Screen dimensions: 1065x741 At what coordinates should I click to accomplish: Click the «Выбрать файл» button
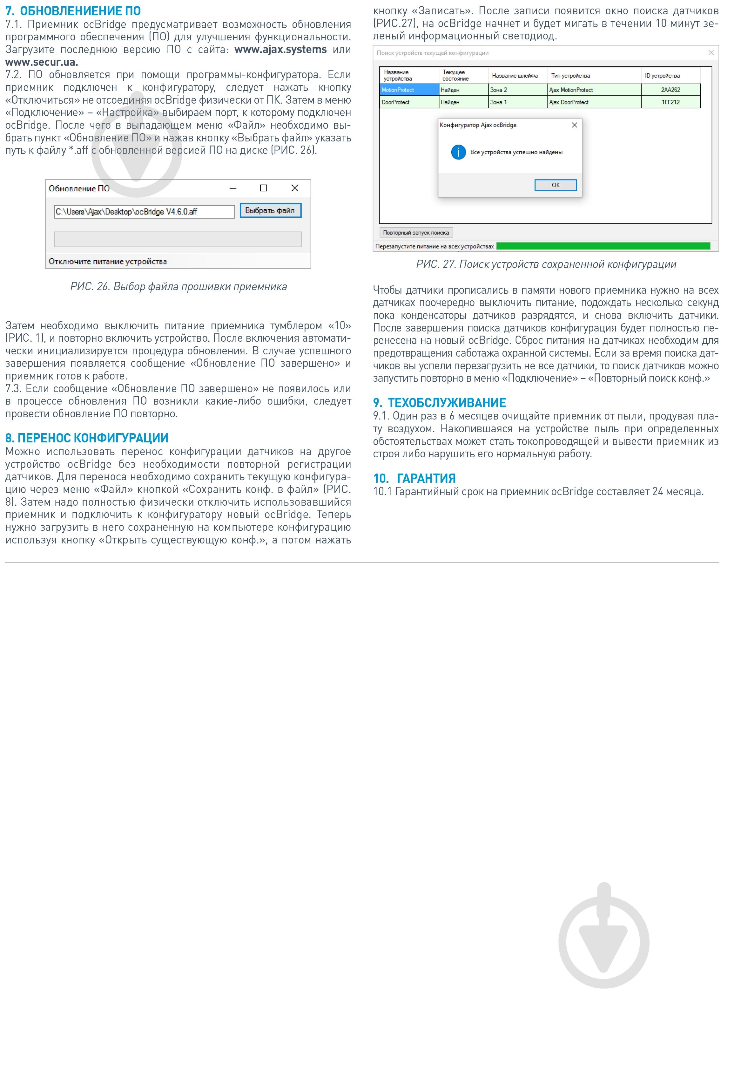coord(270,211)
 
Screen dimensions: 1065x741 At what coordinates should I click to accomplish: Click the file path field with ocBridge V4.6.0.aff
coord(144,212)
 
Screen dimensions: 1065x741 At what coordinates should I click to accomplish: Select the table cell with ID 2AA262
coord(670,90)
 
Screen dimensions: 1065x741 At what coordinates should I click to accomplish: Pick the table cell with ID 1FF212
coord(670,102)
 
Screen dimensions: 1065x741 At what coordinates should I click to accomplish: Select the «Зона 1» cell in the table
coord(517,102)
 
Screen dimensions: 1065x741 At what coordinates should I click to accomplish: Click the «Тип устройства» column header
coord(570,76)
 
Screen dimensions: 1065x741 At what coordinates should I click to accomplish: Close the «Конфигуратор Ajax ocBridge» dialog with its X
coord(574,125)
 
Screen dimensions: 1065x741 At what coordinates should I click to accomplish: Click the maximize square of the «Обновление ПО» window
coord(263,188)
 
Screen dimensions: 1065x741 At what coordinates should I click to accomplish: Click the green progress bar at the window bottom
coord(603,246)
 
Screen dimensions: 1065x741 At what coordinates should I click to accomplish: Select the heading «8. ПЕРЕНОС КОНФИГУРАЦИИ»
coord(87,438)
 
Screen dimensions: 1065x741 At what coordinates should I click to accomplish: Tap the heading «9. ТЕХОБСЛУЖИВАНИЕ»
coord(439,403)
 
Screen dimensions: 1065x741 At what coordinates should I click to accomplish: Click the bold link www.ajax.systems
coord(280,50)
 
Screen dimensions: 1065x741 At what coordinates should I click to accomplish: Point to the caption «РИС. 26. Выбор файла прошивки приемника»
coord(179,287)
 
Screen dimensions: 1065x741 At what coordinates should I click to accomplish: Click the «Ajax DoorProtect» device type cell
coord(594,102)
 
